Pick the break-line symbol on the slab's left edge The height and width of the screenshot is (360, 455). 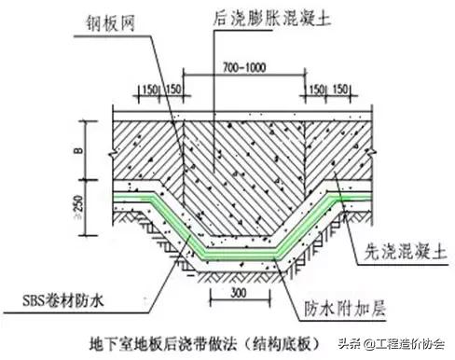110,147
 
